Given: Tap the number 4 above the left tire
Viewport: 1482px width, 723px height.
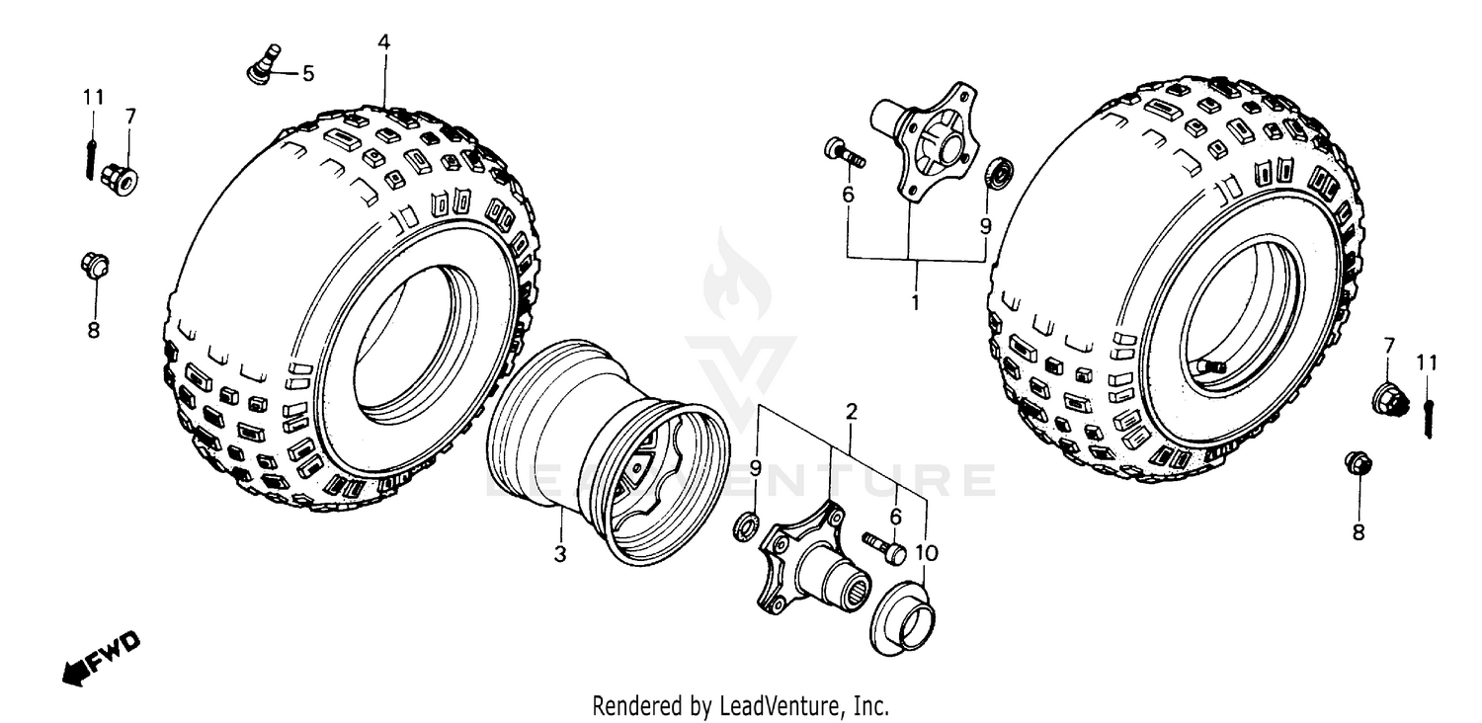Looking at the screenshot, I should [383, 41].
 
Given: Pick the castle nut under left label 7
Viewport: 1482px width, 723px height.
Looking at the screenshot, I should [120, 179].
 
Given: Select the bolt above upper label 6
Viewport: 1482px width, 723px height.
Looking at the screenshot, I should [843, 153].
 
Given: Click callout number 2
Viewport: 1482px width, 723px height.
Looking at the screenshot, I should [851, 409].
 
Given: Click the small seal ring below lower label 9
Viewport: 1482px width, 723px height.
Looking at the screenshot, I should [748, 527].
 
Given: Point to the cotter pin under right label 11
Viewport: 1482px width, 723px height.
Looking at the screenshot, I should [1429, 417].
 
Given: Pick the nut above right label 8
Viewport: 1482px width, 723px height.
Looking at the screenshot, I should [1357, 463].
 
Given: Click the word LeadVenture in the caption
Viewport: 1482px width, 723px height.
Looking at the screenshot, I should [782, 706].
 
